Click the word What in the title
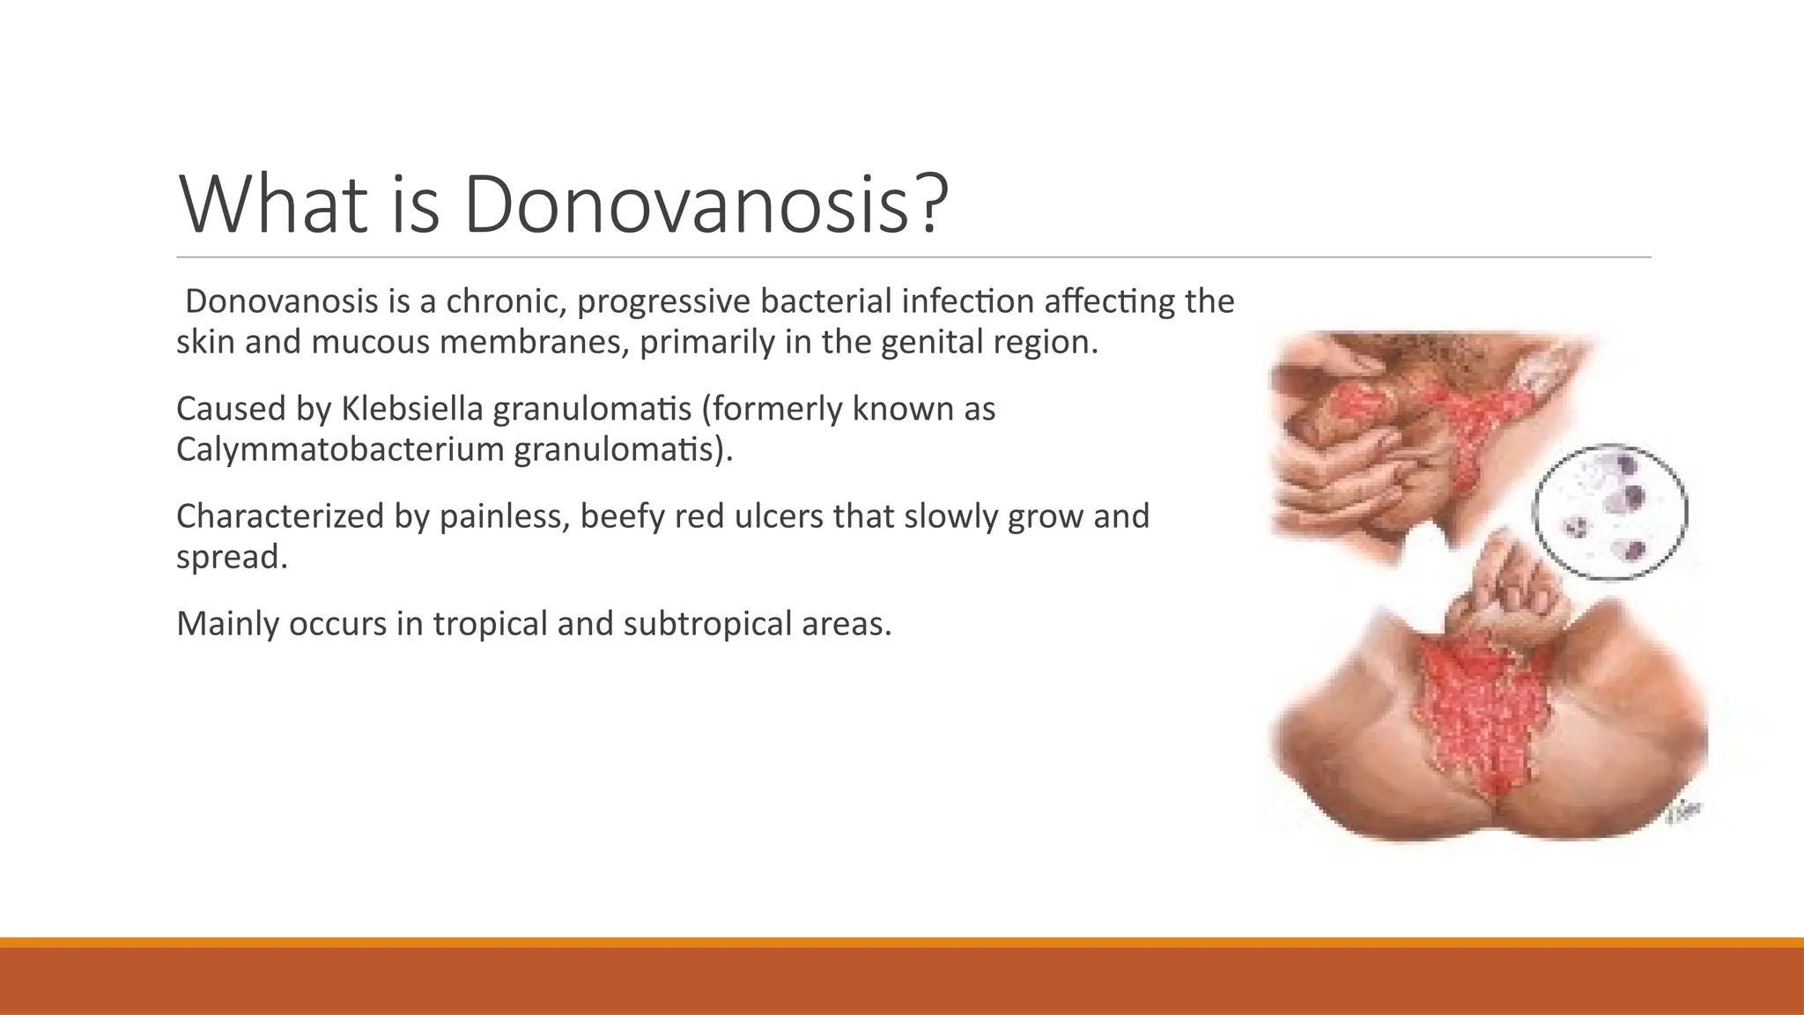273,204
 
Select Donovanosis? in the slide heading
705,204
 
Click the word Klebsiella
412,409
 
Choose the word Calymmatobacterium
340,449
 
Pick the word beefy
622,516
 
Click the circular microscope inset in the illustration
1609,512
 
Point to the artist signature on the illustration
1683,812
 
